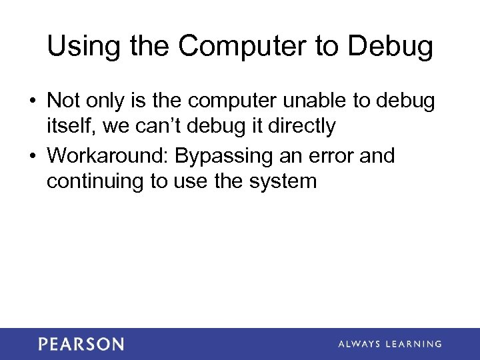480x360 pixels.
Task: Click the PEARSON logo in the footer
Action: pos(81,344)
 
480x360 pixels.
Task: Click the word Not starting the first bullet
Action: pos(63,101)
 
